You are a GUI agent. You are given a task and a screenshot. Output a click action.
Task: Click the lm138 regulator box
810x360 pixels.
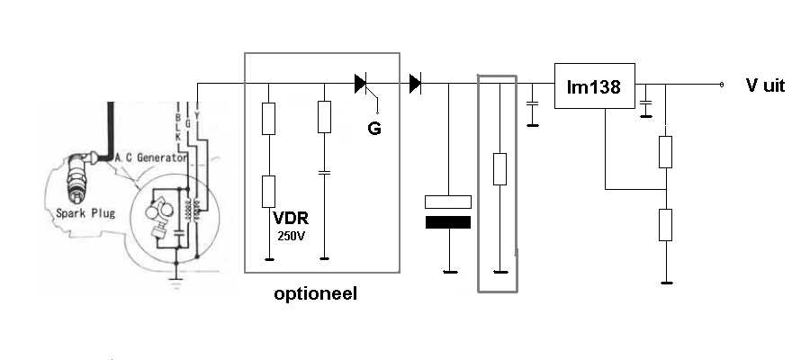[x=594, y=86]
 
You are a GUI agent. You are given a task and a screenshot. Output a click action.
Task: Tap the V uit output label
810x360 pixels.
[x=765, y=85]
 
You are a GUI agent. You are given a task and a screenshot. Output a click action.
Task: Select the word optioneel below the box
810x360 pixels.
[x=315, y=293]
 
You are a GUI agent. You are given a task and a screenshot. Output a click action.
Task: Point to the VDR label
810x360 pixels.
[x=290, y=218]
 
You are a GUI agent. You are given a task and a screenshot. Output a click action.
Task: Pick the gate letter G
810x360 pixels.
[x=373, y=129]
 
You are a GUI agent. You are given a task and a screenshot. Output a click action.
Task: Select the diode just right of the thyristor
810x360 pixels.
[x=415, y=85]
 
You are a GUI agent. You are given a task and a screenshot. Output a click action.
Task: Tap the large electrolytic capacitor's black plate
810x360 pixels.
[x=447, y=222]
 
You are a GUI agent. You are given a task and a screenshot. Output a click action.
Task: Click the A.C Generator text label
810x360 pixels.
[x=150, y=157]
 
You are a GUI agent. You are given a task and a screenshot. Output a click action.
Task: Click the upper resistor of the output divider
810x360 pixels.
[x=665, y=152]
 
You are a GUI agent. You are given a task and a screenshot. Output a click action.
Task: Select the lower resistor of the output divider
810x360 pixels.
[x=665, y=224]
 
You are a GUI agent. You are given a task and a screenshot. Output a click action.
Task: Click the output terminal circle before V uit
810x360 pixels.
[x=721, y=85]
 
